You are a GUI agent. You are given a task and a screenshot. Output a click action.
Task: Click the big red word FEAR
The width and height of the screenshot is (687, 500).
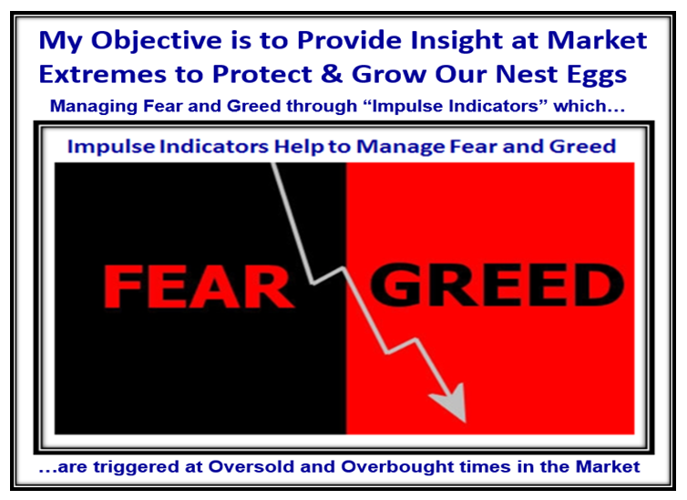(198, 287)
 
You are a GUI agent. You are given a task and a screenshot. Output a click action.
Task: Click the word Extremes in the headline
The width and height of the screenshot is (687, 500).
(103, 74)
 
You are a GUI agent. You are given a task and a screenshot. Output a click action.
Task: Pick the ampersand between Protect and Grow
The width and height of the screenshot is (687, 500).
(332, 74)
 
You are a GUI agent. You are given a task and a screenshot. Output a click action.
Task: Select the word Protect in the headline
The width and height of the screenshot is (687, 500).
(262, 74)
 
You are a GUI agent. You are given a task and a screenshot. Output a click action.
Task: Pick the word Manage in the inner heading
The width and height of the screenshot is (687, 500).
(401, 148)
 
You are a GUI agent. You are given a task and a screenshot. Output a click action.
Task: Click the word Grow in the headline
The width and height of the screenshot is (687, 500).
(389, 74)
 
